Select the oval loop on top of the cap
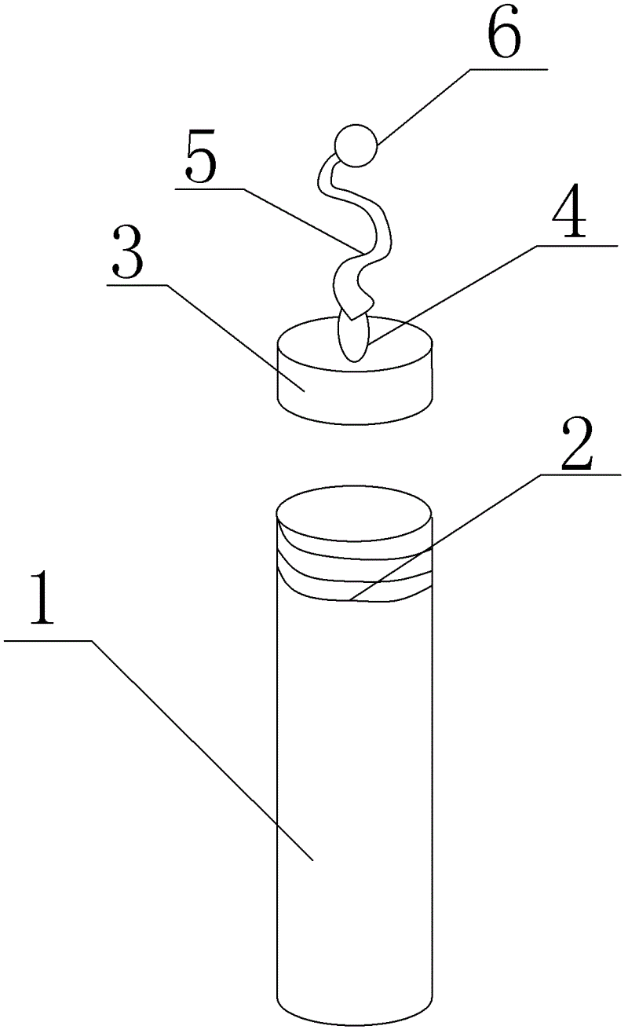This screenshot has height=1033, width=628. coord(355,338)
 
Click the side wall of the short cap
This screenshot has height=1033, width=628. coord(355,397)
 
